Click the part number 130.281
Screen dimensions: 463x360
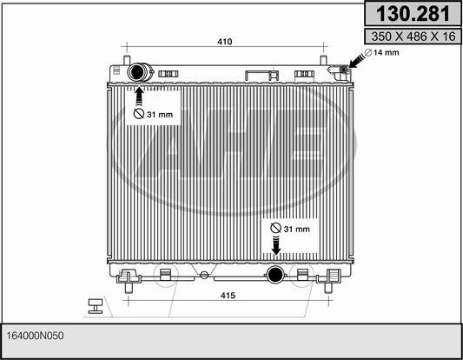click(x=413, y=14)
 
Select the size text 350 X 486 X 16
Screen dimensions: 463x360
click(x=413, y=37)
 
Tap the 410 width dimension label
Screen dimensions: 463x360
click(x=225, y=42)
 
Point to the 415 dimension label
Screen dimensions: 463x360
click(x=228, y=296)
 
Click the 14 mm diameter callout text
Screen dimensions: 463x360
click(x=387, y=53)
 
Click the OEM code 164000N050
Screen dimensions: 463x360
click(x=35, y=336)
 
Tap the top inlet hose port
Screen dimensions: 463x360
click(x=136, y=72)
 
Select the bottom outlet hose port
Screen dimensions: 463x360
click(x=274, y=275)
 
